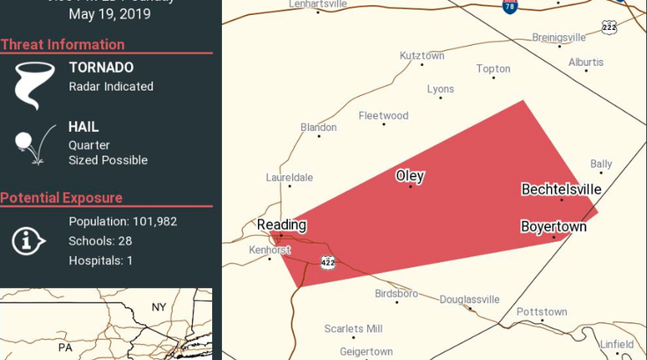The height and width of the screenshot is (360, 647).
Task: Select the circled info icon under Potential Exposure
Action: (x=29, y=239)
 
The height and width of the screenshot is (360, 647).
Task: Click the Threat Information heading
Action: (x=62, y=45)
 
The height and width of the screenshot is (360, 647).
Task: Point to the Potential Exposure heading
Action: (x=62, y=198)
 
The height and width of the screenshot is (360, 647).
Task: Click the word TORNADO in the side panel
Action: (x=101, y=68)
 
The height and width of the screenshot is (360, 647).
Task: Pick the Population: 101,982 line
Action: (x=122, y=222)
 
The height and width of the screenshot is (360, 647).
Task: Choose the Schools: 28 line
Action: (x=100, y=241)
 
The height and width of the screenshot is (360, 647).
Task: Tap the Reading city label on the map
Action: (x=282, y=225)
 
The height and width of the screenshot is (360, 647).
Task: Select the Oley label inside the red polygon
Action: (x=410, y=176)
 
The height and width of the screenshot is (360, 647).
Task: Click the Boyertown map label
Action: (x=553, y=227)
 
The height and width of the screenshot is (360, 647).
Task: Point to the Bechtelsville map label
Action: (x=561, y=189)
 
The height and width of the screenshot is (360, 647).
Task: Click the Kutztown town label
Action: (x=422, y=56)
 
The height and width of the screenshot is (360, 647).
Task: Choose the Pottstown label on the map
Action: (x=541, y=312)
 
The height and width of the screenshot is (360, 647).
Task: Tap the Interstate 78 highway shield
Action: (x=510, y=7)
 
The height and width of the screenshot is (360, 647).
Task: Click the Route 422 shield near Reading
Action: (x=327, y=262)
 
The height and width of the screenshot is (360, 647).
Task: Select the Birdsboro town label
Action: (x=396, y=293)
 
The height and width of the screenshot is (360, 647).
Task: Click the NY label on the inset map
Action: (x=158, y=307)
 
